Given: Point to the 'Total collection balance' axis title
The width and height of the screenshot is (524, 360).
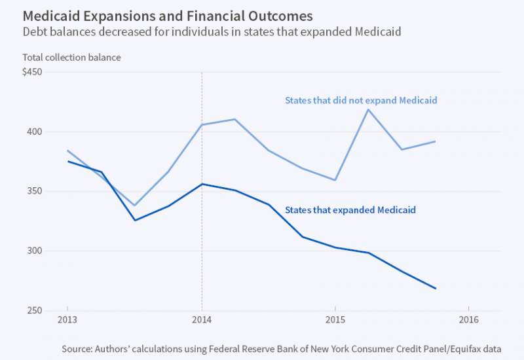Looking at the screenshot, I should point(72,58).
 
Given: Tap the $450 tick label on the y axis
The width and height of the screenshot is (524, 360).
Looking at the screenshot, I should point(33,72).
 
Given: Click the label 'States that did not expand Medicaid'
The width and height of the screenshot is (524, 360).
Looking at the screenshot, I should point(361,101).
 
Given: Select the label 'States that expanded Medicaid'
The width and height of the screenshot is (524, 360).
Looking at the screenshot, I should point(351,210).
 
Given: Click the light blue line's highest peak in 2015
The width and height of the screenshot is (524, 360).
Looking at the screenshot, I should point(369,109).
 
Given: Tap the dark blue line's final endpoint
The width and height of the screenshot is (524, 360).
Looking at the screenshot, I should point(436,288).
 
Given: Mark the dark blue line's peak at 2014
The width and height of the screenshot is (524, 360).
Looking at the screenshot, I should point(202,184).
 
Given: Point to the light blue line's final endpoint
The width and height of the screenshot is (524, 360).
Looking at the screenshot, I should point(436,141).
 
